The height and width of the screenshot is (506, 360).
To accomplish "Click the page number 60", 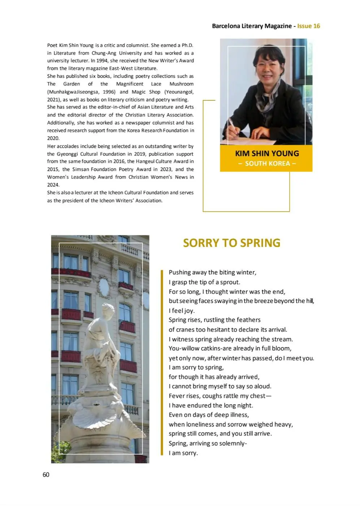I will coord(46,475).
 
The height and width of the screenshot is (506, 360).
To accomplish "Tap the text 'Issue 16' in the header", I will coord(308,26).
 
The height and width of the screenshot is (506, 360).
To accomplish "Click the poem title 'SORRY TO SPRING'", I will coord(231,243).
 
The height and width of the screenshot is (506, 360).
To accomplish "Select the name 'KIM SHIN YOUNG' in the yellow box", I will coord(267,153).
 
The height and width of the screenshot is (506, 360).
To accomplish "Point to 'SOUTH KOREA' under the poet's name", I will coord(267,163).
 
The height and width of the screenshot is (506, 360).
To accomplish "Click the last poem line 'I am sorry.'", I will coord(183,453).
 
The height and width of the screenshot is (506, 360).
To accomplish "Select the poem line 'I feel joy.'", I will coord(182,311).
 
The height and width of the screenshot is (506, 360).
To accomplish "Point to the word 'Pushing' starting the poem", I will coord(179,272).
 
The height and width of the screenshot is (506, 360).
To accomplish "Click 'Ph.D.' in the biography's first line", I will coord(187,45).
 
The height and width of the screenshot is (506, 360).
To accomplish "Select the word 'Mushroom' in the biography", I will coord(182,84).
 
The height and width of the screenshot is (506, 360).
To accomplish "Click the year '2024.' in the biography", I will coord(53,185).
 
